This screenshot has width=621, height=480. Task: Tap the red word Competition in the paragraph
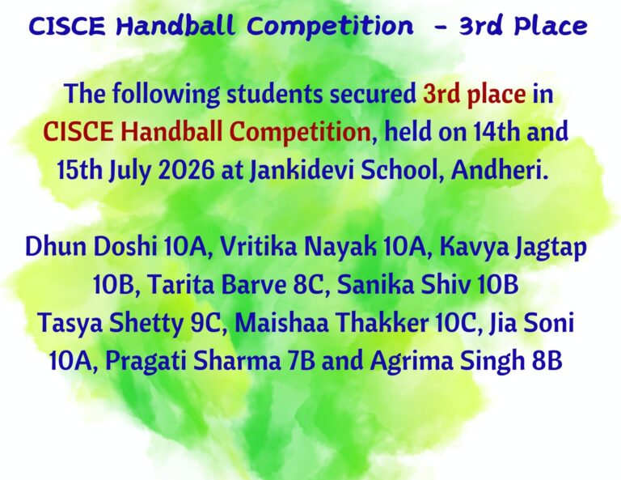[x=300, y=132]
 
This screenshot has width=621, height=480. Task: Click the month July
[x=130, y=171]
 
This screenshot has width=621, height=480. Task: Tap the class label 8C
[x=308, y=285]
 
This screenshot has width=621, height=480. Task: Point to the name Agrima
[x=411, y=362]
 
